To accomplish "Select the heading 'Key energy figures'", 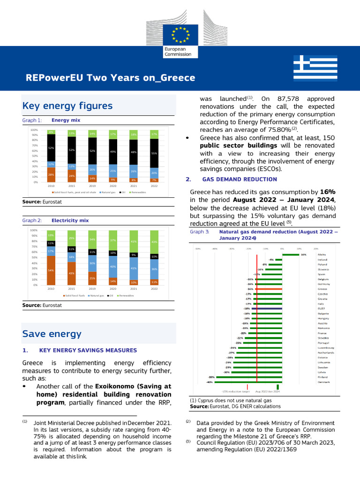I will (67, 105).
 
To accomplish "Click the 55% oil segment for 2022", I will (154, 153).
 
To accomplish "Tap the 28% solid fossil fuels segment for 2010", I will (51, 174).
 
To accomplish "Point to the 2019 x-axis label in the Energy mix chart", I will (92, 186).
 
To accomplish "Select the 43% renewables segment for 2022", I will (154, 241).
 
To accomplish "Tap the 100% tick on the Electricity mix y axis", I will (34, 230).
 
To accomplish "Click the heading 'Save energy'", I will (52, 334).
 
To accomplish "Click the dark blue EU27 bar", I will (267, 309).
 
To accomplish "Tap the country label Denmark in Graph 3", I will (324, 382).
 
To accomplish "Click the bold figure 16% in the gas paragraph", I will (327, 192).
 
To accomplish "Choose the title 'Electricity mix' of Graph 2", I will (70, 220).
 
